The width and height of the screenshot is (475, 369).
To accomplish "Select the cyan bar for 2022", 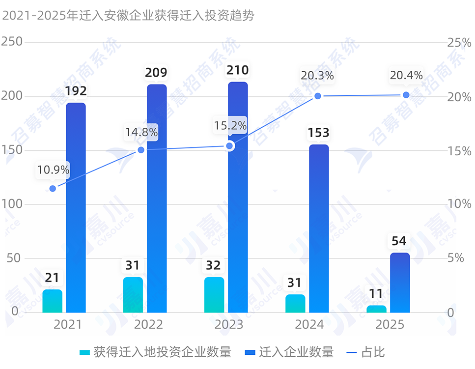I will [133, 295].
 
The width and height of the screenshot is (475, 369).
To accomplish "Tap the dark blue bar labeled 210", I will [238, 197].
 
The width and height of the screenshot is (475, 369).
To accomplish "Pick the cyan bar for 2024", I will [295, 304].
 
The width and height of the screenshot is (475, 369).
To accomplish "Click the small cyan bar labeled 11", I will [376, 309].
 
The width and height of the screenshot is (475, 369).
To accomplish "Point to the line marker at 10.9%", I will [53, 189].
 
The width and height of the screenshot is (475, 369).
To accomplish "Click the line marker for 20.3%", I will [318, 96].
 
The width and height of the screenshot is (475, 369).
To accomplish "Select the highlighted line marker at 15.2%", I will [229, 146].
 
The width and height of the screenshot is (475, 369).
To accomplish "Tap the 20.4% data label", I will [406, 76].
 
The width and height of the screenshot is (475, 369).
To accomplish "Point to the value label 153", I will [319, 133].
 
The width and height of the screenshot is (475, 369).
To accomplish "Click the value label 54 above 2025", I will [399, 241].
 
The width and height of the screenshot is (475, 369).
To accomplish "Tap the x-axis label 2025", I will [390, 325].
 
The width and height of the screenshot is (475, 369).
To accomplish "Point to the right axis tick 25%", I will [459, 43].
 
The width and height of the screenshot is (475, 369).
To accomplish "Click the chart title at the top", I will [129, 16].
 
